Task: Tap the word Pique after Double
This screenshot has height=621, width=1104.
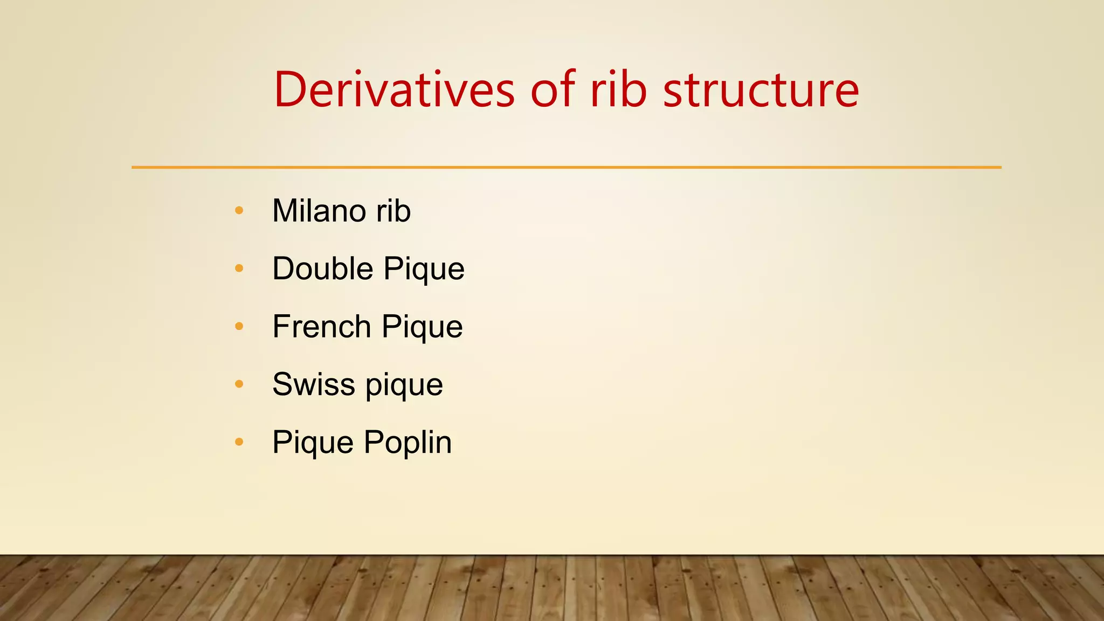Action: click(x=424, y=270)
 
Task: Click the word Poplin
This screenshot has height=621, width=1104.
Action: click(x=408, y=443)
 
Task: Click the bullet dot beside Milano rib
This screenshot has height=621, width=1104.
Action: click(x=239, y=210)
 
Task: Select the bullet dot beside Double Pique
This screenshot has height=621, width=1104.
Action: click(x=239, y=268)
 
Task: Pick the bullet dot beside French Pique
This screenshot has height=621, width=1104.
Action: click(x=239, y=326)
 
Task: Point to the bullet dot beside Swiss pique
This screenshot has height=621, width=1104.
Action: click(x=239, y=384)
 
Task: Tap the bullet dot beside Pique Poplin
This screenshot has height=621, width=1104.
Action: click(x=239, y=442)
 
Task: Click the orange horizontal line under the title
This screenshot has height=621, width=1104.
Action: click(x=566, y=167)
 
